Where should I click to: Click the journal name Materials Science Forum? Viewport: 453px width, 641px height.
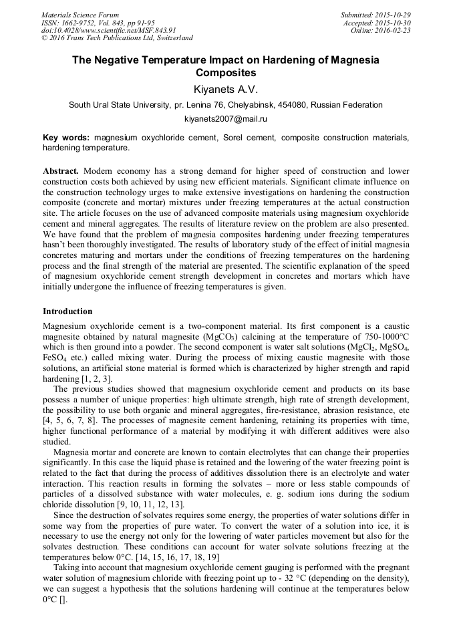80,14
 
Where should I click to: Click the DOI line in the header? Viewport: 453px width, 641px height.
109,30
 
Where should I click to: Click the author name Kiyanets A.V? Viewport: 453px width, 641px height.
225,90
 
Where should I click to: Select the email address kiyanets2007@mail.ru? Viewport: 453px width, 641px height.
225,118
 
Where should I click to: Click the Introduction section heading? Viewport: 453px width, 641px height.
67,311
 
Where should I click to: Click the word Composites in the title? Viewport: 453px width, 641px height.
225,72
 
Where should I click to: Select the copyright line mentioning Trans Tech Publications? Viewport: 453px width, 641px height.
117,38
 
